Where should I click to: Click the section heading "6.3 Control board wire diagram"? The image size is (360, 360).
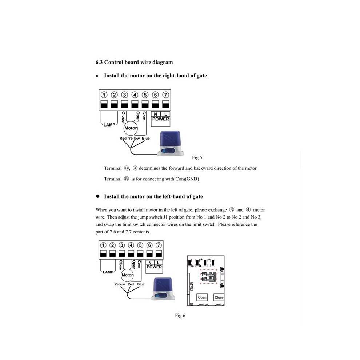[x=134, y=62]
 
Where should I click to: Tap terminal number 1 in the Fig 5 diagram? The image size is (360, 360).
[x=104, y=95]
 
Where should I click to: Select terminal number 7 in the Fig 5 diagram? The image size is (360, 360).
[x=165, y=95]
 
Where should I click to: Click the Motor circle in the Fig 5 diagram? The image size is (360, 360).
[x=131, y=128]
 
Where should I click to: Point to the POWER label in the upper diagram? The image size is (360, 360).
[x=160, y=119]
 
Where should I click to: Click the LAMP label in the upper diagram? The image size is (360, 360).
[x=109, y=125]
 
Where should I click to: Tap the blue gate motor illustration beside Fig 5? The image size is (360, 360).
[x=171, y=144]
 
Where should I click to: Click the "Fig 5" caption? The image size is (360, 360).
[x=197, y=157]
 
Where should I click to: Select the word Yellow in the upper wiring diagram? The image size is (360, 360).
[x=134, y=138]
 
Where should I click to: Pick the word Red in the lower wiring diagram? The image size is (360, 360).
[x=131, y=284]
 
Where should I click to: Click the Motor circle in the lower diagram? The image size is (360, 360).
[x=127, y=275]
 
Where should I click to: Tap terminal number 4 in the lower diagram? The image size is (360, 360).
[x=131, y=245]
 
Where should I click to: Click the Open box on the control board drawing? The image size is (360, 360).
[x=202, y=297]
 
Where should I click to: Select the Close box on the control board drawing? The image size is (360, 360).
[x=219, y=297]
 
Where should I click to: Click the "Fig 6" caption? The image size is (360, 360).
[x=180, y=316]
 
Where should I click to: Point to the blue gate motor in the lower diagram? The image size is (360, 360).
[x=163, y=289]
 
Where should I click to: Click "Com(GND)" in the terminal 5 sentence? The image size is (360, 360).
[x=187, y=179]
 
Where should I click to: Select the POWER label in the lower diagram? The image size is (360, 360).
[x=154, y=267]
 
